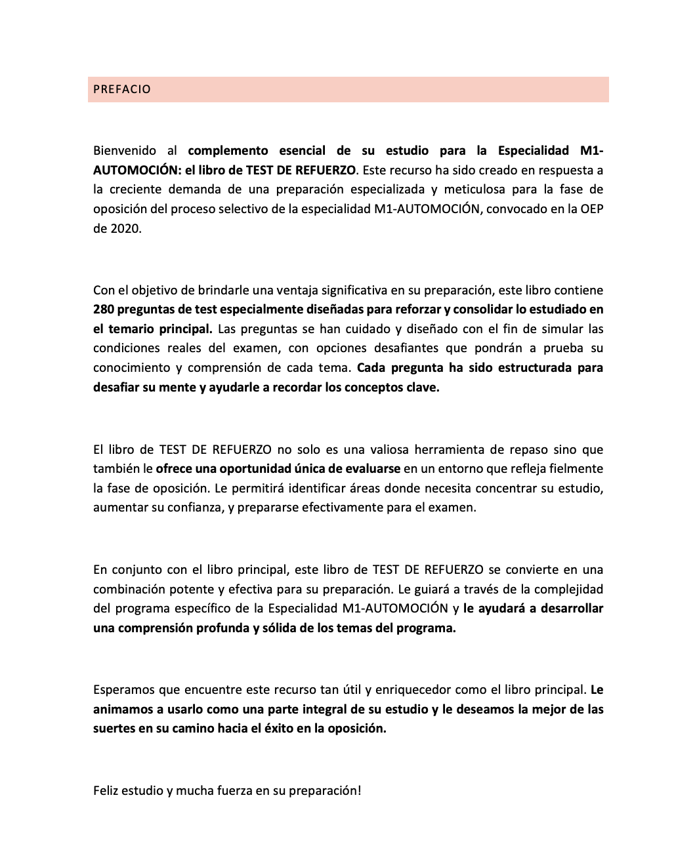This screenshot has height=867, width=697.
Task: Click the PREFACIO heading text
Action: pyautogui.click(x=122, y=89)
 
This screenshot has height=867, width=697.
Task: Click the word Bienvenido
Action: pyautogui.click(x=122, y=151)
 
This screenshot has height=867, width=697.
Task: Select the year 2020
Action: pyautogui.click(x=125, y=230)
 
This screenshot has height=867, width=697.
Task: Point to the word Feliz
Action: pyautogui.click(x=108, y=790)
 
